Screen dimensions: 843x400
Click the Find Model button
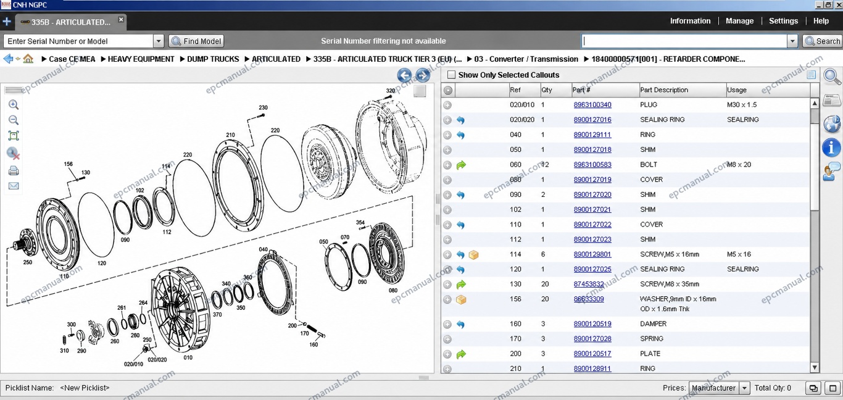[x=196, y=41]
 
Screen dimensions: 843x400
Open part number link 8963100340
[x=592, y=104]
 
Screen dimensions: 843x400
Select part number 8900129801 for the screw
[x=592, y=254]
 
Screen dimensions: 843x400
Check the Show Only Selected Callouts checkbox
[x=451, y=75]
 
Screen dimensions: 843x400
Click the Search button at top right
[x=822, y=41]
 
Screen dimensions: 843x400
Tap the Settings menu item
[x=783, y=21]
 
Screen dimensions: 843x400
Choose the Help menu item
[x=821, y=21]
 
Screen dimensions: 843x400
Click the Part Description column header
[x=664, y=90]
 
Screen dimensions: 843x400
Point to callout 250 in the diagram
[x=28, y=262]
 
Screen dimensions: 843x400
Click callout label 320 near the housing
[x=391, y=91]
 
